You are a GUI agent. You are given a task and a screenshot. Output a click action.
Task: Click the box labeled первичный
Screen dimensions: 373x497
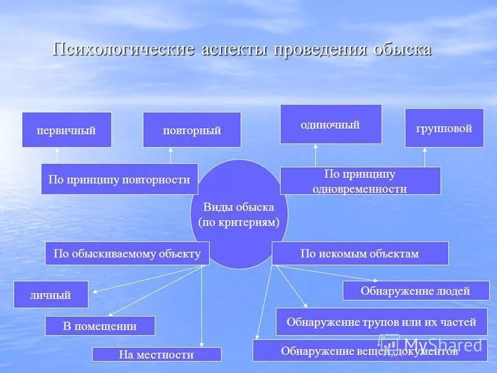coord(66,130)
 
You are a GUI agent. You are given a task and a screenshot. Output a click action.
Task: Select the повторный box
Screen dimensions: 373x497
coord(192,130)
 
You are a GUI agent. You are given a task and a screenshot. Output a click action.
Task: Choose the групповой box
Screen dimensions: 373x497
coord(444,128)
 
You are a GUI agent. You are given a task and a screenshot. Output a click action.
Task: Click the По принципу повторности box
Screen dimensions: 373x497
coord(119,179)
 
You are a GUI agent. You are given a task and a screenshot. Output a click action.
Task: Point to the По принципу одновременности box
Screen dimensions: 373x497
coord(360,181)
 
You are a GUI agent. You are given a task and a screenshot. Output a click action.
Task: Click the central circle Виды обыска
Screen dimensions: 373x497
coord(239,214)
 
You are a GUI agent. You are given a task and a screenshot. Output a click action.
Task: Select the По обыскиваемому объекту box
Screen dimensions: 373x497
coord(127,254)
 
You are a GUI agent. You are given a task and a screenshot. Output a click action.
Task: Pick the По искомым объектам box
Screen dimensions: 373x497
coord(360,254)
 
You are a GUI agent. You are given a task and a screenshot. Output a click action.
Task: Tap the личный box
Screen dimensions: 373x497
coord(51,295)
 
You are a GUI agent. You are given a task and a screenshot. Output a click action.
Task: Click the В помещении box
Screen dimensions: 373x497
coord(99,326)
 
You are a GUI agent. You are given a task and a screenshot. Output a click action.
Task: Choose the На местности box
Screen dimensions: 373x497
coord(157,354)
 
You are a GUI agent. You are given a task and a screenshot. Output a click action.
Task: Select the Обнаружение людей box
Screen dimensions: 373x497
coord(416,290)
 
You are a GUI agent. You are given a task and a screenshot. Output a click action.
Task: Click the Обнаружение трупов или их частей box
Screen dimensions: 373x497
coord(381,321)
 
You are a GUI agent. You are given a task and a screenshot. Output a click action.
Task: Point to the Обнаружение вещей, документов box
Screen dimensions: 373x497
coord(369,351)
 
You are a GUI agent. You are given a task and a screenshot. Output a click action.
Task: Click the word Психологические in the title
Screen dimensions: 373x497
coord(122,50)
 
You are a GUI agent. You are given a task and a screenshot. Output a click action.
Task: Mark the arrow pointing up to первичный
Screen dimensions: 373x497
coord(57,155)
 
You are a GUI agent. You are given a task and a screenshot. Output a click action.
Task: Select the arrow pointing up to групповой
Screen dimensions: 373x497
coord(425,157)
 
